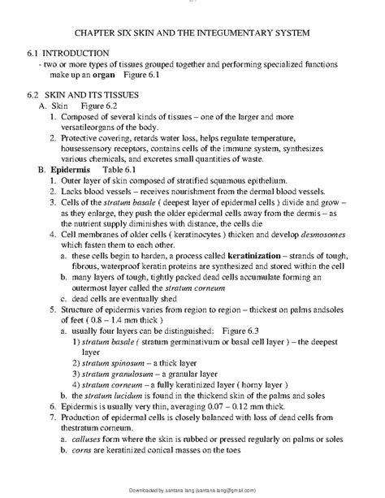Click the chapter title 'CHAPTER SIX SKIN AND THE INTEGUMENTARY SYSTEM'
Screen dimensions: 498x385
pyautogui.click(x=192, y=34)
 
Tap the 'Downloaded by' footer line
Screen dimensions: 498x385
pyautogui.click(x=192, y=492)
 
